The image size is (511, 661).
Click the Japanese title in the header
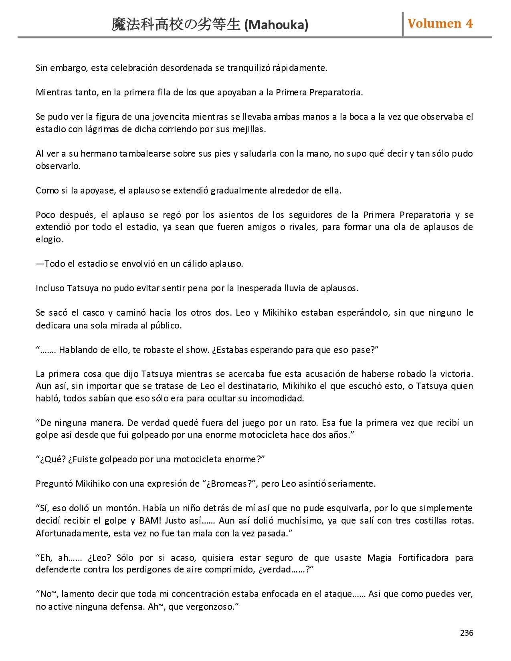click(176, 25)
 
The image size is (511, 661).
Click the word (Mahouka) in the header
click(276, 25)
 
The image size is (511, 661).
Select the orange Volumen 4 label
click(440, 24)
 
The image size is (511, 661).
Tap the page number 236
click(467, 633)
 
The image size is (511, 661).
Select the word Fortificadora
click(423, 558)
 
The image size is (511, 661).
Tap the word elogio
click(49, 240)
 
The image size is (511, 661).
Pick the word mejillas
click(251, 129)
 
